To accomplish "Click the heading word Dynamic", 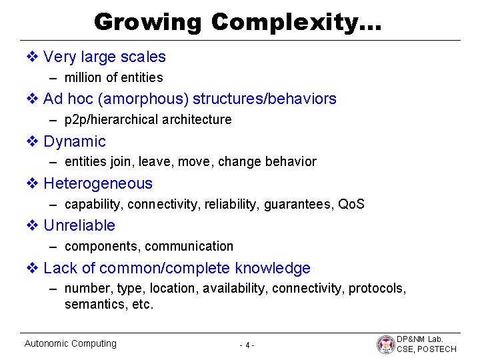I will click(74, 141).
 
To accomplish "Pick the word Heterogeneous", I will click(97, 183).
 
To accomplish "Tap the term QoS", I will click(351, 204).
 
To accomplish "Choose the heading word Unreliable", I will click(79, 225).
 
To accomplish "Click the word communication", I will click(189, 246).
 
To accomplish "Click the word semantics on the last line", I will click(93, 305).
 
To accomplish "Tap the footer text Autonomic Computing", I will click(70, 343).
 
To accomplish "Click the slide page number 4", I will click(247, 345).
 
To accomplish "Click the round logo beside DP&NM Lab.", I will click(385, 344).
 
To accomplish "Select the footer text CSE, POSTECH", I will click(427, 349).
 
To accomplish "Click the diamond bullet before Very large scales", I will click(32, 57).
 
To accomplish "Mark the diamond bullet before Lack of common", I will click(32, 268).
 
